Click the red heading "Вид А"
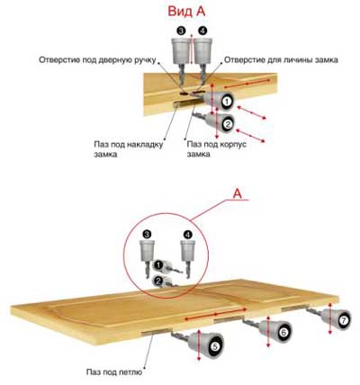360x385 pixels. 186,12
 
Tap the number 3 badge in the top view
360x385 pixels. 181,31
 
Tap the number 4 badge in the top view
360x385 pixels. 202,31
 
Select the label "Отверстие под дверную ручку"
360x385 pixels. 97,59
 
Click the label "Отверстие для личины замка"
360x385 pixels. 281,59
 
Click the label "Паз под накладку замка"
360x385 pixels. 129,149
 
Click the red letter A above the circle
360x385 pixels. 238,193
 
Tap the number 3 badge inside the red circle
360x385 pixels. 148,234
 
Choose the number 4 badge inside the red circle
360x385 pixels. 187,234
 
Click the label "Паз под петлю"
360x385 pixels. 114,372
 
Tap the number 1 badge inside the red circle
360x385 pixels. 158,264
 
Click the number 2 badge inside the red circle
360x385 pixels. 158,281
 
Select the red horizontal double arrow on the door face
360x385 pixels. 216,314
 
